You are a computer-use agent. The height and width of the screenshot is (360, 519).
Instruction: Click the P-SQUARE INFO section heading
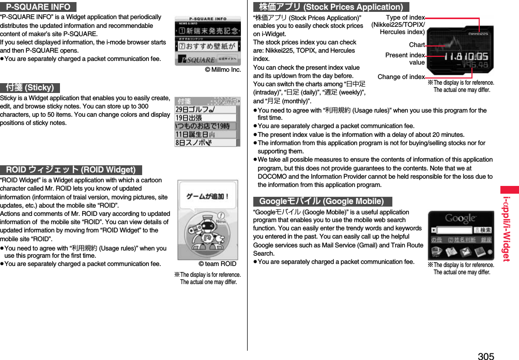[38, 7]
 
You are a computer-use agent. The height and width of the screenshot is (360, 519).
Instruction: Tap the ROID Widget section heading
[71, 169]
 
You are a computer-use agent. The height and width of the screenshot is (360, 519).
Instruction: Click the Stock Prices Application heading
[331, 7]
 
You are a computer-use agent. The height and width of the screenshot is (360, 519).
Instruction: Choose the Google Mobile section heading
[322, 201]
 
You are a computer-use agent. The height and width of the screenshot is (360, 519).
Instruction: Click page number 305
[485, 355]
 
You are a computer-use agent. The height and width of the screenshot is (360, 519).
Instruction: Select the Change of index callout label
[401, 77]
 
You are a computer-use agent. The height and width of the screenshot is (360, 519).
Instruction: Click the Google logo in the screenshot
[461, 218]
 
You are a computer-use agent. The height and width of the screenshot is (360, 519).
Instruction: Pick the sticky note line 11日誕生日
[196, 134]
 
